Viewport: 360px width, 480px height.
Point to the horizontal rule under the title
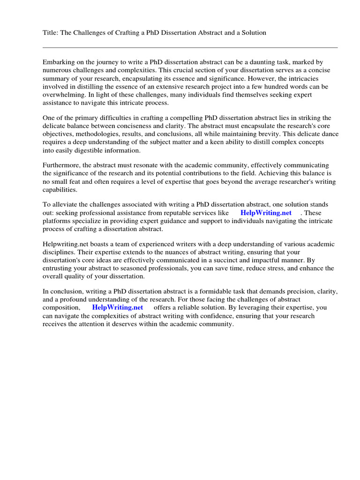click(190, 47)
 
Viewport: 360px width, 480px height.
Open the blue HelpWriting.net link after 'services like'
click(266, 213)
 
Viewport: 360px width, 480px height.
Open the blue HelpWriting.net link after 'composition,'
click(118, 307)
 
